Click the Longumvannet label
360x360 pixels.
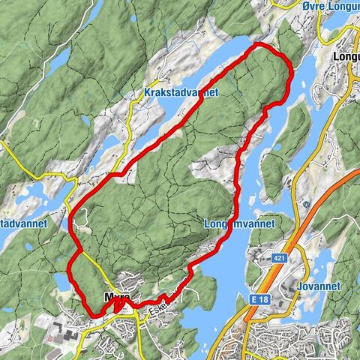pyautogui.click(x=239, y=223)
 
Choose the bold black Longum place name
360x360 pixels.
pyautogui.click(x=346, y=55)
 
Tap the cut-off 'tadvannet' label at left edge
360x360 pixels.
pyautogui.click(x=22, y=223)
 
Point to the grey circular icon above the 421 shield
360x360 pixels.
pyautogui.click(x=307, y=202)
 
